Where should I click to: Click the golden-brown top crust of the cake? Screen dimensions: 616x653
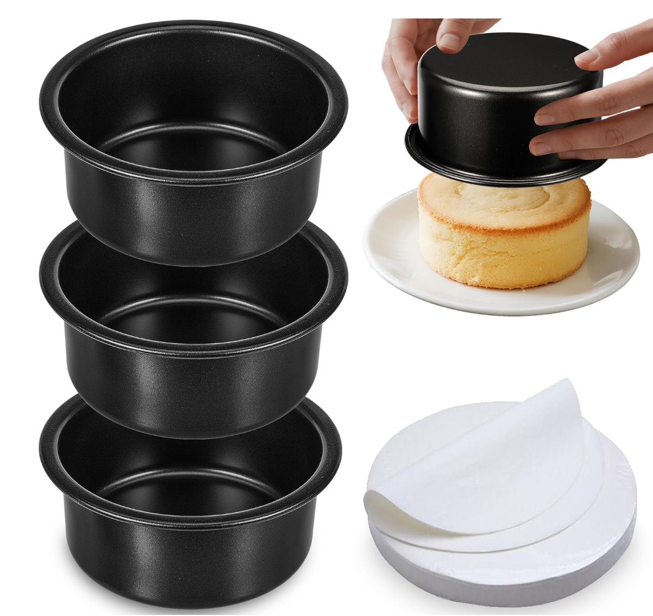[x=505, y=201]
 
